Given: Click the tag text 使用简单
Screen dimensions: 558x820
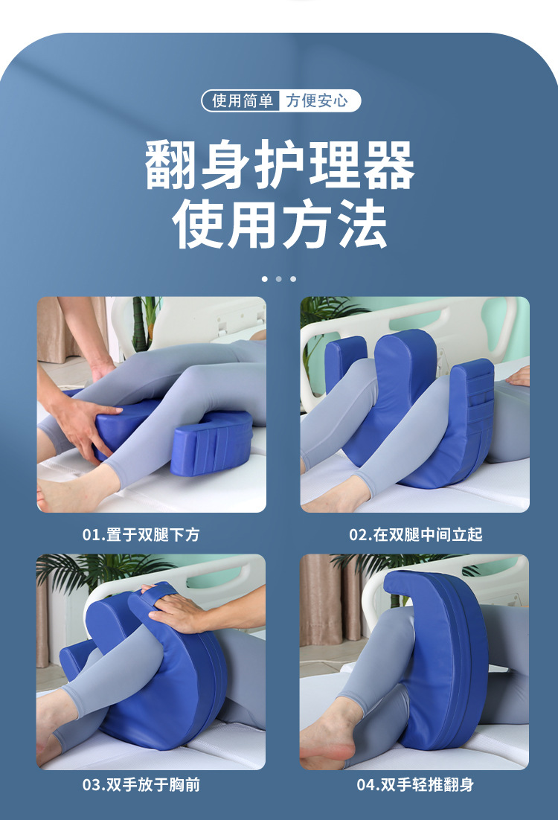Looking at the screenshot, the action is [x=243, y=100].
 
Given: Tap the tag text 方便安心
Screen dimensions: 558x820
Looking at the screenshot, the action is [x=317, y=100].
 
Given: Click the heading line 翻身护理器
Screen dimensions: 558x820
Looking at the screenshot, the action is [x=280, y=164].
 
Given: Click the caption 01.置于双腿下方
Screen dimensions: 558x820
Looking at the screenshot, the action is [x=141, y=534].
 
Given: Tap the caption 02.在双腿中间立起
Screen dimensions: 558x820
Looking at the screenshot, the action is [x=416, y=534].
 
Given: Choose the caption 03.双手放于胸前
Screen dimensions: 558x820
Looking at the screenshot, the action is [x=141, y=784].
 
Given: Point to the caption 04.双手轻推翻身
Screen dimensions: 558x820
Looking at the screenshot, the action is [x=416, y=784].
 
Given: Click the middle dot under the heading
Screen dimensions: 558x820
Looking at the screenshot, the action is [x=279, y=279].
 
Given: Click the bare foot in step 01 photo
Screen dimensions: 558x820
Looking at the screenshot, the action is [x=73, y=489].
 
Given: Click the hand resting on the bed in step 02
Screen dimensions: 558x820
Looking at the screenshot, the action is [x=518, y=377].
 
